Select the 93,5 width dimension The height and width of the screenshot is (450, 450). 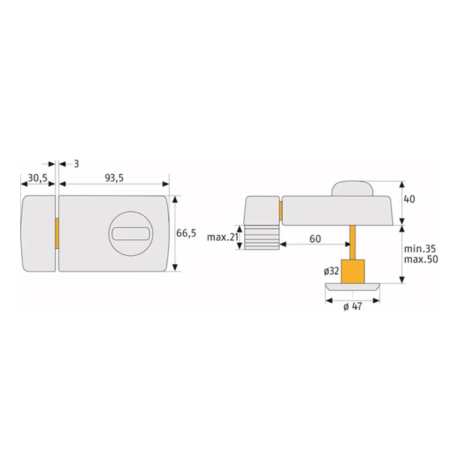pyautogui.click(x=114, y=178)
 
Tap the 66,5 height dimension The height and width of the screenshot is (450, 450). pyautogui.click(x=186, y=233)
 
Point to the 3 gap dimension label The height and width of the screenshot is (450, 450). pyautogui.click(x=67, y=163)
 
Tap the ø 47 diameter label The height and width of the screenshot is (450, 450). pyautogui.click(x=352, y=307)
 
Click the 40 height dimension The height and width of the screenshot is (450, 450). pyautogui.click(x=409, y=199)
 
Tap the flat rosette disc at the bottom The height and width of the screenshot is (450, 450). pyautogui.click(x=352, y=287)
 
